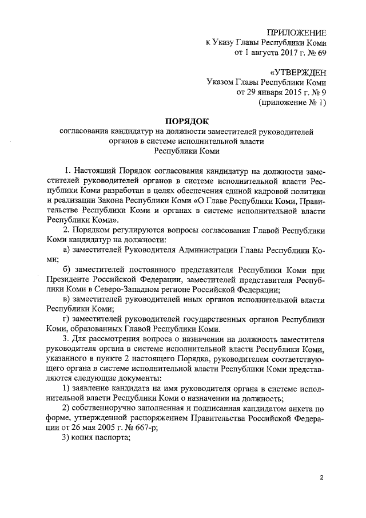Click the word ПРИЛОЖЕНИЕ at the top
coord(296,33)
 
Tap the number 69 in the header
coord(321,53)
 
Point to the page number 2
coord(321,477)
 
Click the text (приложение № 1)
coord(292,102)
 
